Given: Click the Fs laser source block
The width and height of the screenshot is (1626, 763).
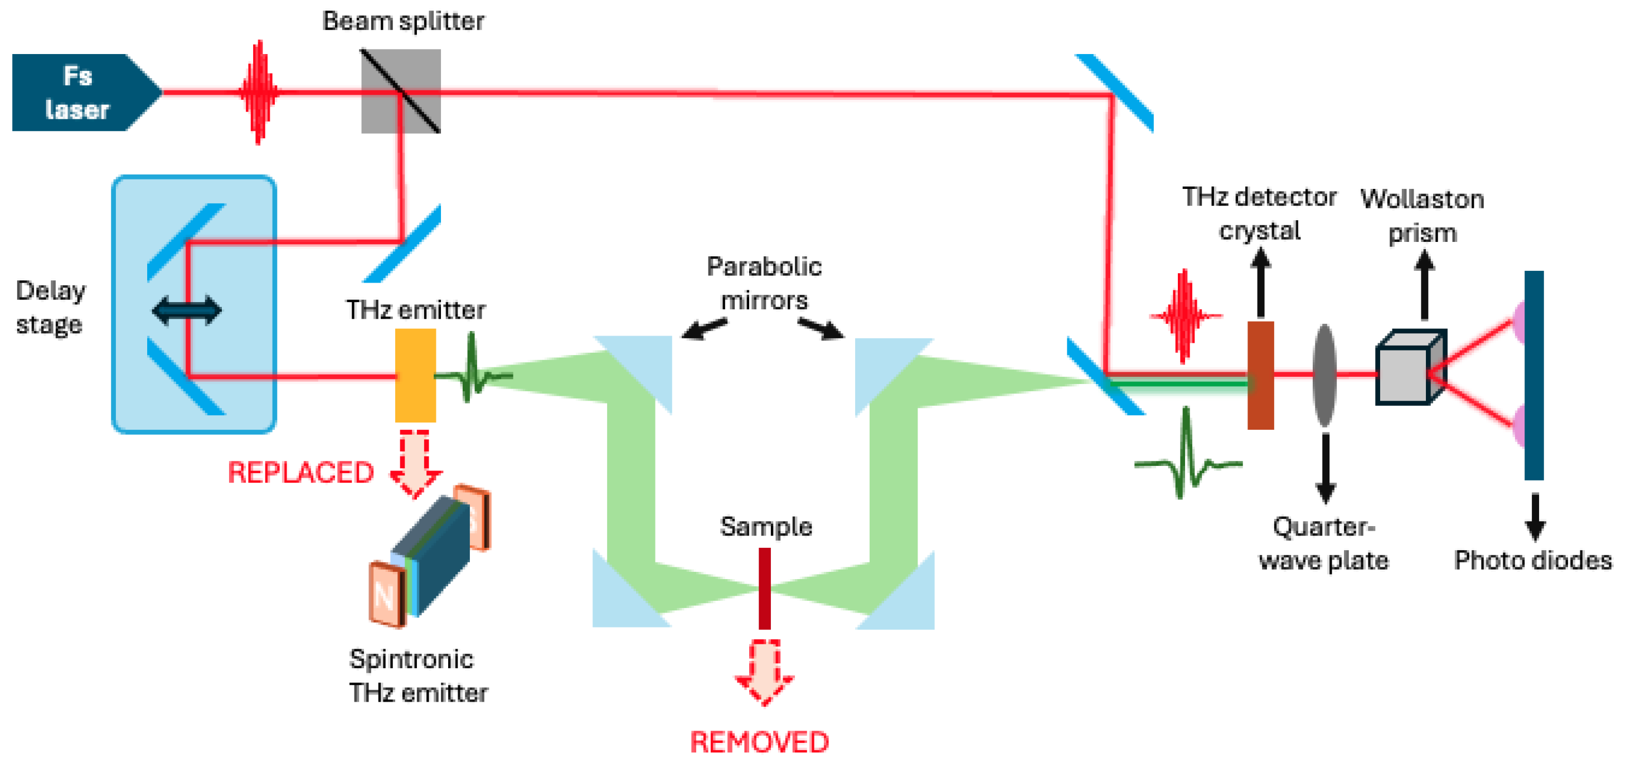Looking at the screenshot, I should [79, 93].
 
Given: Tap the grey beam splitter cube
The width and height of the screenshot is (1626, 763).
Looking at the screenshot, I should [400, 91].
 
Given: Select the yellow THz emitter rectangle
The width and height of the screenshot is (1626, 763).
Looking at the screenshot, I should [415, 375].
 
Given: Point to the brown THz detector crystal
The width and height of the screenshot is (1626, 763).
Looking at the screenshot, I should [1260, 375].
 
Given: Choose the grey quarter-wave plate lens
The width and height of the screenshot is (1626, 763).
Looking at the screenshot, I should [1324, 375].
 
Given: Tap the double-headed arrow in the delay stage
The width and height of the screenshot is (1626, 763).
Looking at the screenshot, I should [187, 310].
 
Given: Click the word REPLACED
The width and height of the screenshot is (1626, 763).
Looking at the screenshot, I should [301, 473].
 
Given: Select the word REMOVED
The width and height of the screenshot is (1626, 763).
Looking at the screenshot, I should [759, 742].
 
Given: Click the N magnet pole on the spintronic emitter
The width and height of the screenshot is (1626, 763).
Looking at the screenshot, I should [385, 595].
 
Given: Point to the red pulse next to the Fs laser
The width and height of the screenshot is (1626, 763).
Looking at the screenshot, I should [259, 93].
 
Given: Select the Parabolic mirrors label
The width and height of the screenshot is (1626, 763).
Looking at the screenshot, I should [764, 283].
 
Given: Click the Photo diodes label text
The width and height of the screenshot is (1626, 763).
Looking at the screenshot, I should [1532, 560].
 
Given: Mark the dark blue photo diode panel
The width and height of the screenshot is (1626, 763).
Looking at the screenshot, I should [1534, 375].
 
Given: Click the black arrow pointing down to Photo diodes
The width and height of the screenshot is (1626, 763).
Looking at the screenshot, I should [1535, 516].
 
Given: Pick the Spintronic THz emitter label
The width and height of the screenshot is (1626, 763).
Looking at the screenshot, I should [418, 676].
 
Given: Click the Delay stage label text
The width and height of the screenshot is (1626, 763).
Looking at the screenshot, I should [50, 307].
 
